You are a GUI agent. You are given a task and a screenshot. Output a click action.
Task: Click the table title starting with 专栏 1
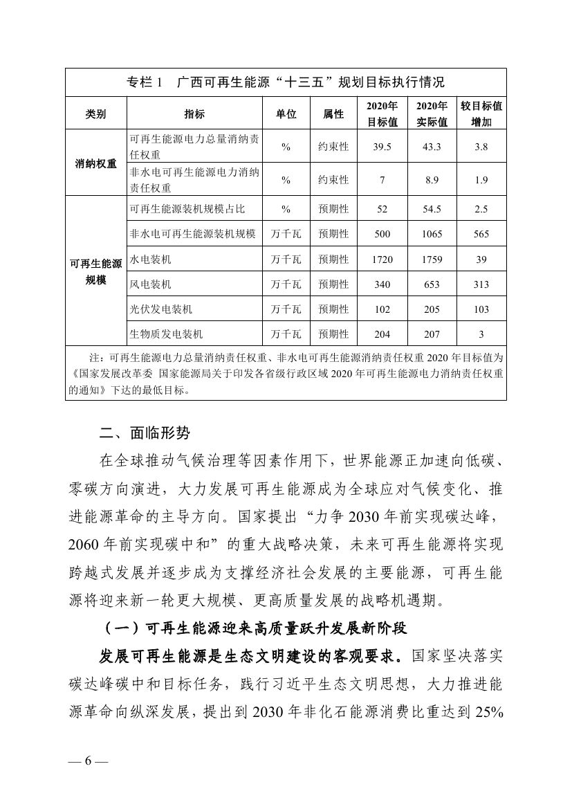(x=286, y=82)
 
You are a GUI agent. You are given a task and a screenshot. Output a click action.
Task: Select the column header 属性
(x=333, y=114)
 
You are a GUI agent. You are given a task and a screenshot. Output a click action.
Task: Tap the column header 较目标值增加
(x=481, y=114)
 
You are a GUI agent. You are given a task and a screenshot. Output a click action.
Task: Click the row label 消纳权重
(x=96, y=164)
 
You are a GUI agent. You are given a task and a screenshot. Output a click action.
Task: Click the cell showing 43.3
(x=432, y=147)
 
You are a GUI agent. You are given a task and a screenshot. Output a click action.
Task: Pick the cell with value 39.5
(x=382, y=147)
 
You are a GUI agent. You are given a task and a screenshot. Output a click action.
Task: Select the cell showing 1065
(x=432, y=235)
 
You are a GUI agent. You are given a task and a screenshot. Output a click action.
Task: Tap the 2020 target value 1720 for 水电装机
(x=382, y=260)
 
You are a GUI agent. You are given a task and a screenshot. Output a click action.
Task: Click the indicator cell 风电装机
(x=151, y=284)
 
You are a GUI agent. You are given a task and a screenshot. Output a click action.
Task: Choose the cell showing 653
(x=432, y=284)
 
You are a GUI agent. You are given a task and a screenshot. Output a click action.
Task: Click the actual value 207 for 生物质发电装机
(x=432, y=334)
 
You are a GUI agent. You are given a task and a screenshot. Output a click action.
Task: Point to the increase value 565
(x=481, y=235)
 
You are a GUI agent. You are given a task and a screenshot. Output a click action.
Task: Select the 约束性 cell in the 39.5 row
(x=333, y=147)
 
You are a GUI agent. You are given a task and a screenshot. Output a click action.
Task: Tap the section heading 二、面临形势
(x=144, y=435)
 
